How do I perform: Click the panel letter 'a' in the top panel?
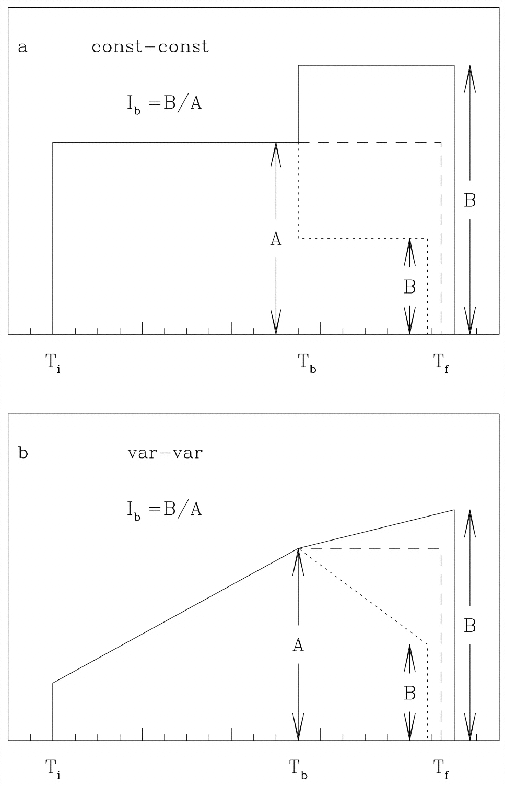click(x=22, y=48)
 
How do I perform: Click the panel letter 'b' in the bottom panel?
click(x=23, y=453)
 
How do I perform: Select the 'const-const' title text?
click(x=150, y=47)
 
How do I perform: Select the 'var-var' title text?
click(x=165, y=453)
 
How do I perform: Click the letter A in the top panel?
click(x=276, y=239)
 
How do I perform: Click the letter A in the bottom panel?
click(x=298, y=646)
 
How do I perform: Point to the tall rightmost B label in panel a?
click(x=470, y=201)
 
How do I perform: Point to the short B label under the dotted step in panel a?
click(x=410, y=287)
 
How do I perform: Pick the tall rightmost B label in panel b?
click(x=470, y=626)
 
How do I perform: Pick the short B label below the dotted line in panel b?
click(x=410, y=693)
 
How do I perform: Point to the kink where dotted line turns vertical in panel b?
click(x=428, y=644)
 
